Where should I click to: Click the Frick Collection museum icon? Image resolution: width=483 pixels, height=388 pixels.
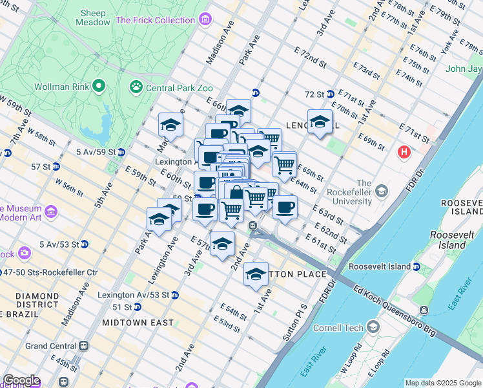click(x=205, y=20)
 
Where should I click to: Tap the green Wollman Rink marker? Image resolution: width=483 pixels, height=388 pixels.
click(x=99, y=85)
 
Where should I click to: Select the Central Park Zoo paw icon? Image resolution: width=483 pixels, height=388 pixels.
click(x=136, y=87)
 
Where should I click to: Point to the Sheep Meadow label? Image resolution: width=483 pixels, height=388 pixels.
click(x=94, y=17)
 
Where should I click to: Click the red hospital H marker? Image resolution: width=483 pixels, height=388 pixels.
click(x=404, y=153)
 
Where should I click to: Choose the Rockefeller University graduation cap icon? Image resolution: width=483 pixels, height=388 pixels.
click(x=382, y=191)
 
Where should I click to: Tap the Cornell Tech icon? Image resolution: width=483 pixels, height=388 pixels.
click(x=372, y=327)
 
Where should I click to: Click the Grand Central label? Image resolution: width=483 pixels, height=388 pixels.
click(x=51, y=346)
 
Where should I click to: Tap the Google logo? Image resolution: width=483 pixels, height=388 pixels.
click(x=21, y=380)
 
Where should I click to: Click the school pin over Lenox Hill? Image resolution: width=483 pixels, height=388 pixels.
click(x=320, y=122)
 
